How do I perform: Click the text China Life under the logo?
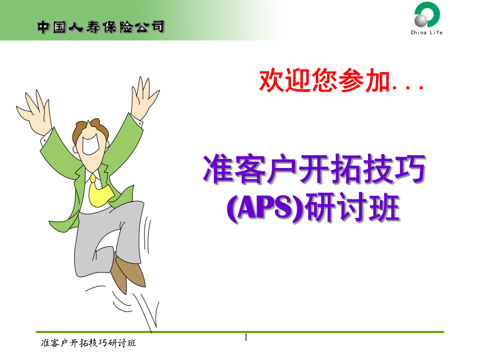tap(427, 32)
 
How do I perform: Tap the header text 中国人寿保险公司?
tap(101, 27)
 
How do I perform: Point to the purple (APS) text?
tap(266, 207)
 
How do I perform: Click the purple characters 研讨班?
tap(353, 207)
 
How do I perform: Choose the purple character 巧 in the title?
tap(410, 169)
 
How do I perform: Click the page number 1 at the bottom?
tap(246, 338)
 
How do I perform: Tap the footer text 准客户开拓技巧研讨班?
tap(89, 343)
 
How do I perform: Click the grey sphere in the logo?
tap(421, 20)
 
